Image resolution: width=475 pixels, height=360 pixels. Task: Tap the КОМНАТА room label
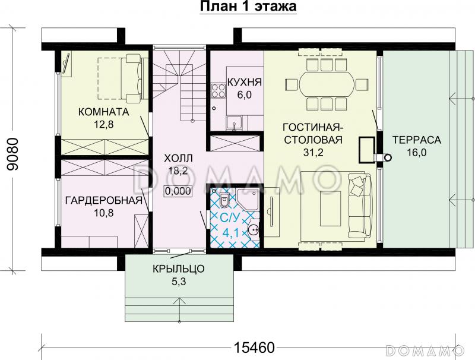[x=104, y=111]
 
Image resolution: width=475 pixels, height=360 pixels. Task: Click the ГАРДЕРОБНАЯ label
[x=104, y=200]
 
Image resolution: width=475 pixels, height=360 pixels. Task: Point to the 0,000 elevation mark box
[x=176, y=191]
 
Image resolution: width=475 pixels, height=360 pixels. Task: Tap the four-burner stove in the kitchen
[x=217, y=91]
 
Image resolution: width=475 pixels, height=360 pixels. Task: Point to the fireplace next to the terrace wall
[x=369, y=149]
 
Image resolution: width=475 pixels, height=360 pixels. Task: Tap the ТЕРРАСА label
[x=416, y=140]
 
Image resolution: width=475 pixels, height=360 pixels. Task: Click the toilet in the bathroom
[x=224, y=199]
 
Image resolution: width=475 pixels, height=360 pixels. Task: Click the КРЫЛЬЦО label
[x=178, y=269]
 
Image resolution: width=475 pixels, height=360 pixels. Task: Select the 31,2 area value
[x=313, y=153]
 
